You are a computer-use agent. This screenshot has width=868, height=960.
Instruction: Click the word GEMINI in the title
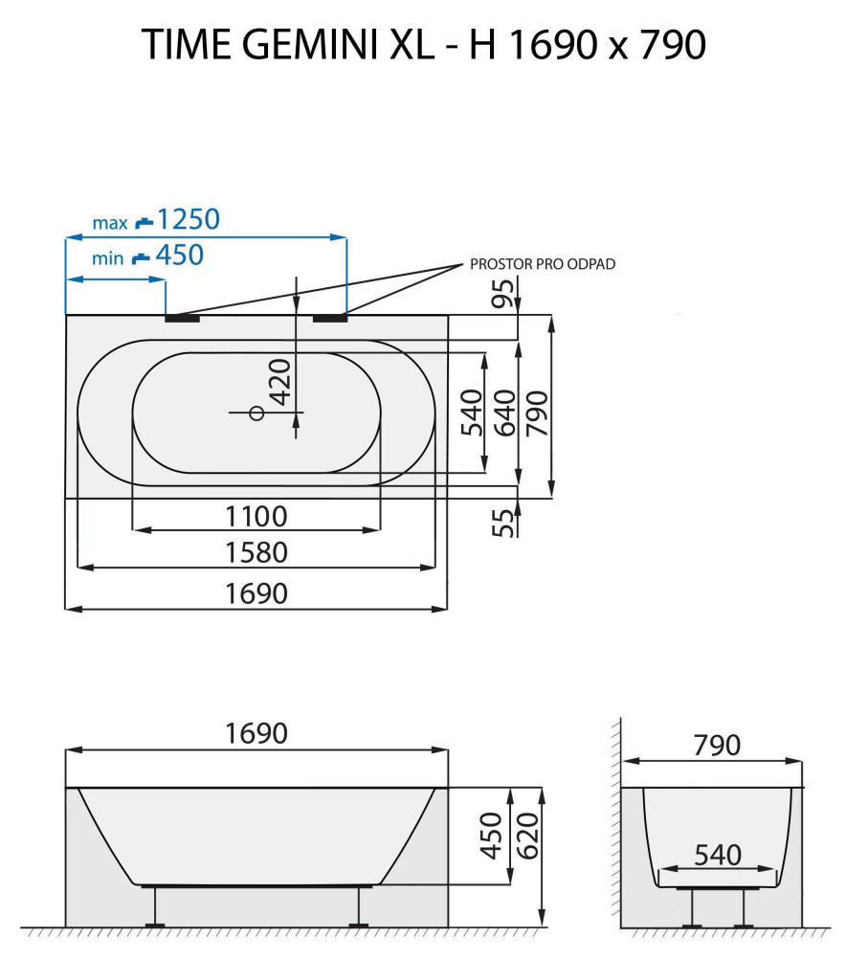[307, 45]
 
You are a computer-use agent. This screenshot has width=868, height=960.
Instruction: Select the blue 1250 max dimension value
[188, 220]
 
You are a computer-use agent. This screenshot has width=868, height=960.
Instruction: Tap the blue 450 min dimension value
[180, 256]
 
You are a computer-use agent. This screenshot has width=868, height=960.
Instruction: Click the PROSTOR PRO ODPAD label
[542, 265]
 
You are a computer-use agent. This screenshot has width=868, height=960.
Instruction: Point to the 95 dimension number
[503, 293]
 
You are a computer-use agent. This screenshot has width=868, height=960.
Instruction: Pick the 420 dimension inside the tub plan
[278, 383]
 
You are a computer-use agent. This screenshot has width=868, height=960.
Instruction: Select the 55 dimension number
[503, 521]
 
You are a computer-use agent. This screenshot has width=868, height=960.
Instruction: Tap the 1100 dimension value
[256, 517]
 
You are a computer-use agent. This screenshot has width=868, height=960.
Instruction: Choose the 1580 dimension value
[256, 553]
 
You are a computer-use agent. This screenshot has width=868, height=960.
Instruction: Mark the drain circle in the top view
[256, 413]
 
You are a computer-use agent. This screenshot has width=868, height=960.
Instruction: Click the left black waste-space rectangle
[182, 318]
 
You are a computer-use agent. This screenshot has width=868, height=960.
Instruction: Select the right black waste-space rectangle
[329, 318]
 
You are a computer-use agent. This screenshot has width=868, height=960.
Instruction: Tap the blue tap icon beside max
[144, 222]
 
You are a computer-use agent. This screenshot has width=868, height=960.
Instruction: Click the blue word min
[107, 258]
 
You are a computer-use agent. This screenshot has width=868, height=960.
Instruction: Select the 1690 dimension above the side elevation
[256, 734]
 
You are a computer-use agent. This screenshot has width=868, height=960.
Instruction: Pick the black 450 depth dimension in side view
[491, 836]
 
